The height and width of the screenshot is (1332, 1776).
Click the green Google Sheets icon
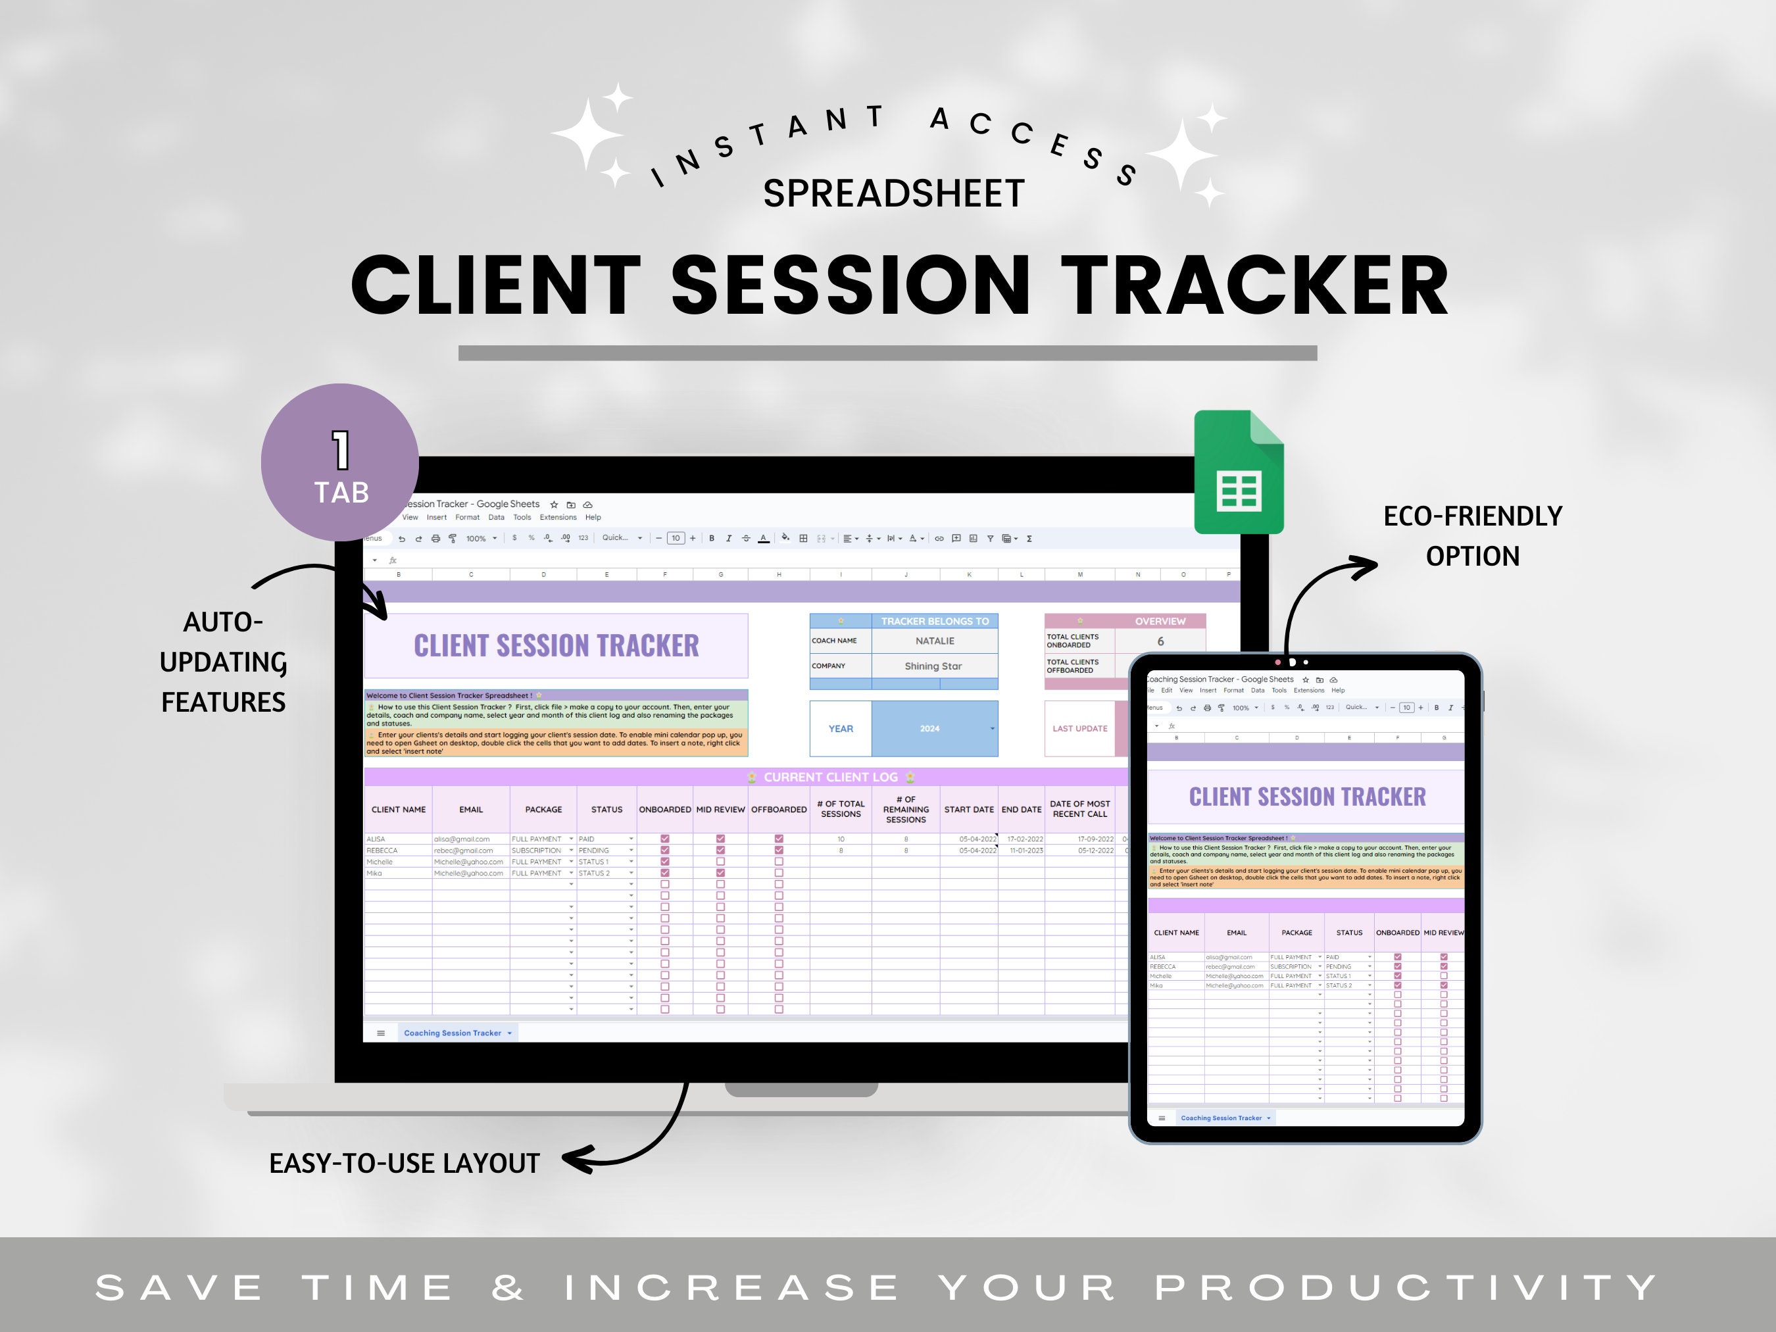pyautogui.click(x=1239, y=474)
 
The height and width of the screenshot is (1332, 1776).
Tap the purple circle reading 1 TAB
pyautogui.click(x=339, y=462)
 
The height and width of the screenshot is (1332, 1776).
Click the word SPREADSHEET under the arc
pyautogui.click(x=894, y=193)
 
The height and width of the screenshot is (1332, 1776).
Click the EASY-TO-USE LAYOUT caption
pyautogui.click(x=404, y=1164)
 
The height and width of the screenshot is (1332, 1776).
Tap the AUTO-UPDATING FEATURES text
pyautogui.click(x=223, y=662)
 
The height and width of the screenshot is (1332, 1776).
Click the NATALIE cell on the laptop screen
pyautogui.click(x=935, y=641)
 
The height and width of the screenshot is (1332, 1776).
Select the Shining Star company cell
pyautogui.click(x=933, y=666)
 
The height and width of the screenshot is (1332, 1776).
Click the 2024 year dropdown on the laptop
pyautogui.click(x=934, y=728)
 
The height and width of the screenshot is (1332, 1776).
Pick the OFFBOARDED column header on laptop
pyautogui.click(x=778, y=809)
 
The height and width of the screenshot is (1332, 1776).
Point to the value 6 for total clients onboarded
pyautogui.click(x=1160, y=641)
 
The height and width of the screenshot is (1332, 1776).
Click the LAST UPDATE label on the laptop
pyautogui.click(x=1079, y=728)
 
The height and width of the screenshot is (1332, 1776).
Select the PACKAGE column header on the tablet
pyautogui.click(x=1296, y=932)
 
